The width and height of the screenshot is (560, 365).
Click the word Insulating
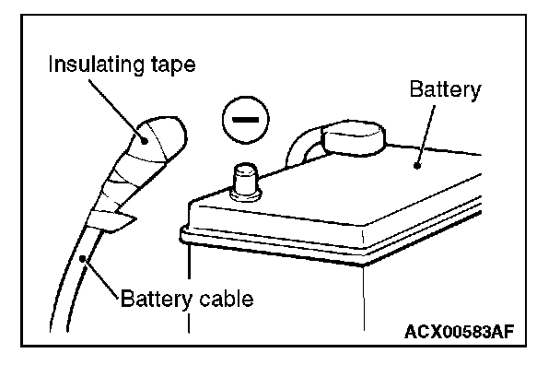[97, 65]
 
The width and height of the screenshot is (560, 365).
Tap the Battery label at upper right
[445, 89]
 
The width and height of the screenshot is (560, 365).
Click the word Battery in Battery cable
[157, 300]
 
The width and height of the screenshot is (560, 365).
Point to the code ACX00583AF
[460, 332]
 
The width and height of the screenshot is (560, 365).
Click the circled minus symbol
[246, 120]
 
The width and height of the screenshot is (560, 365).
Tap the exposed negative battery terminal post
[245, 182]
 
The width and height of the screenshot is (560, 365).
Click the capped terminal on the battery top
[353, 138]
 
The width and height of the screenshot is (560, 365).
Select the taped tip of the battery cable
[157, 140]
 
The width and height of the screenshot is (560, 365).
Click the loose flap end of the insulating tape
[118, 221]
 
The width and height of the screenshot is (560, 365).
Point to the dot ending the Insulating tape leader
[145, 141]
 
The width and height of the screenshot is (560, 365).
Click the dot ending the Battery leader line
[416, 166]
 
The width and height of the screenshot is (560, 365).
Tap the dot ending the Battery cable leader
[83, 258]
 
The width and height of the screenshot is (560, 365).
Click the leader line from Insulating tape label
[116, 110]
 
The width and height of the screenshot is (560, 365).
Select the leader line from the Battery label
[426, 135]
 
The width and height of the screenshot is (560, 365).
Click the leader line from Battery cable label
[100, 277]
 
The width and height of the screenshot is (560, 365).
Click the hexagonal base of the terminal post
[245, 195]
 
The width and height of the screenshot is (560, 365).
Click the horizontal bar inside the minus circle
[246, 120]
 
